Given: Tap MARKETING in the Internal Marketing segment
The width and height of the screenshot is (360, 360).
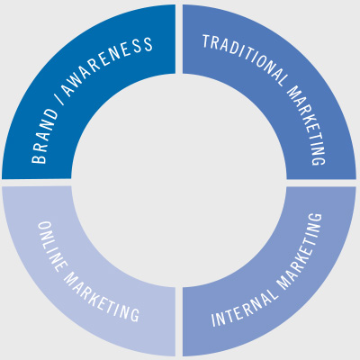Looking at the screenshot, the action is tap(300, 251).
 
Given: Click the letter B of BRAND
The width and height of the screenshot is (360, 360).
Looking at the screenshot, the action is tap(39, 157).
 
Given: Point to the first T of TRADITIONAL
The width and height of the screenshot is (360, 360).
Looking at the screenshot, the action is tap(206, 41).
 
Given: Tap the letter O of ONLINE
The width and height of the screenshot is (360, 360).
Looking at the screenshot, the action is tap(45, 227).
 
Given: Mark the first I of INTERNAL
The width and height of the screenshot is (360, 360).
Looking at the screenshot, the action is tap(214, 320).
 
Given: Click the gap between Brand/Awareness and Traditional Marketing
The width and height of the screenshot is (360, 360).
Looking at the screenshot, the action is tap(179, 39).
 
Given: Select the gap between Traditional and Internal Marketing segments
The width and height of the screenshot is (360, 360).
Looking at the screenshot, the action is tap(321, 183).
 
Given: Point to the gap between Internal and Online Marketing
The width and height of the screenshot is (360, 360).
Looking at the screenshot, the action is tap(179, 321).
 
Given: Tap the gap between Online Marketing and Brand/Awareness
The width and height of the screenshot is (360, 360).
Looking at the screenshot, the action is tap(37, 183).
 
